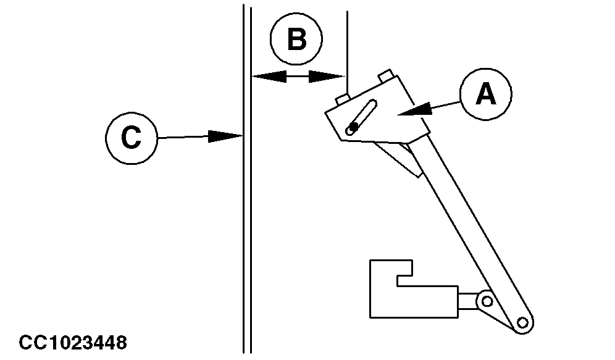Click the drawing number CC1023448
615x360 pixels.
(x=73, y=341)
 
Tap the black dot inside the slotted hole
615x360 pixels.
(x=353, y=127)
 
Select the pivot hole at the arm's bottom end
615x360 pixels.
(x=524, y=322)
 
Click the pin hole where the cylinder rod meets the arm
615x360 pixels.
(x=487, y=301)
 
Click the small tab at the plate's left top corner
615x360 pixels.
(x=343, y=98)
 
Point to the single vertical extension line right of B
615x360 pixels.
(x=348, y=37)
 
